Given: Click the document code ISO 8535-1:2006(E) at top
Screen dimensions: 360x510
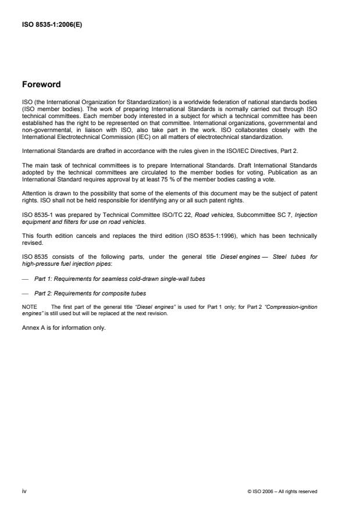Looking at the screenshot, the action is tap(52, 25).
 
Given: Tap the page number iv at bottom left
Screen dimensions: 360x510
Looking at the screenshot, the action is tap(24, 491).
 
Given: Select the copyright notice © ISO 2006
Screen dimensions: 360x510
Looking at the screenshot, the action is tap(281, 491).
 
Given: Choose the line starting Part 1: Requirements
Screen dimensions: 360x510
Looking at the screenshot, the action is tap(119, 279).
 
